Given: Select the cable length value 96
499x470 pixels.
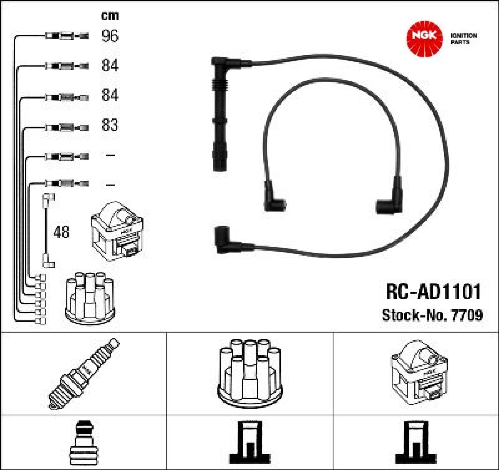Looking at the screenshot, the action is click(x=110, y=36).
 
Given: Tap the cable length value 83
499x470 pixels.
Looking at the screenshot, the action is click(x=110, y=125).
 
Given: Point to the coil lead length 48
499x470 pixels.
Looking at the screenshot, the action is click(x=61, y=232).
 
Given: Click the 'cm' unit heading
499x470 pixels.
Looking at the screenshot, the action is click(x=110, y=15).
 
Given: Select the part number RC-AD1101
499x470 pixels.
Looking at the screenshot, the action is click(x=433, y=292).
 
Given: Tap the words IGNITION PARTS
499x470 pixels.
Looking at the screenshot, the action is click(x=464, y=39).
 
